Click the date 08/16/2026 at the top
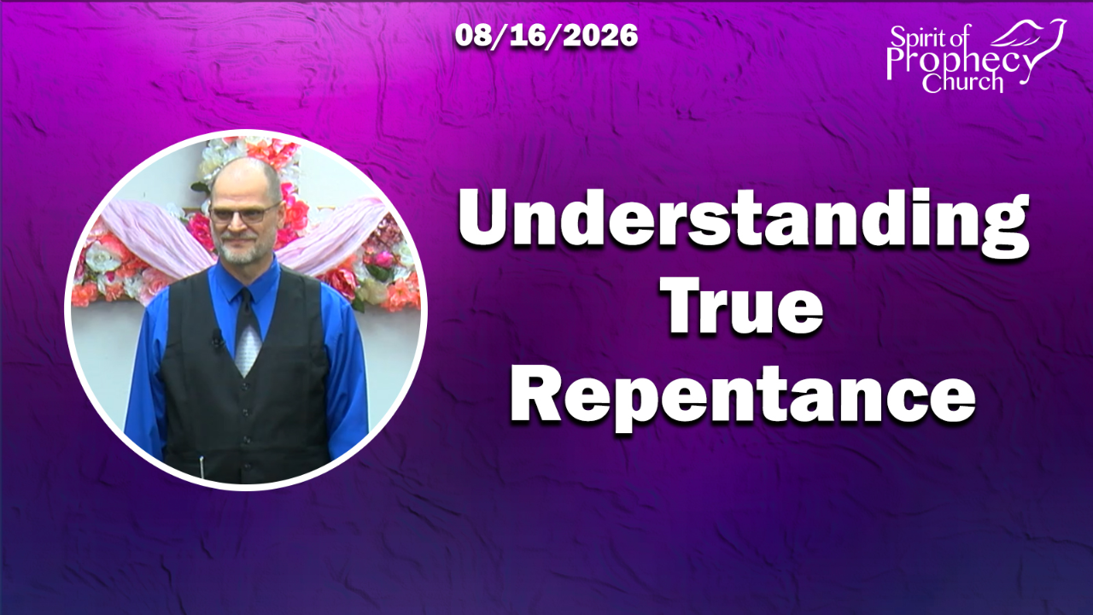click(546, 36)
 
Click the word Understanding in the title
click(744, 225)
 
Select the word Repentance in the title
click(743, 396)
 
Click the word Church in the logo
click(962, 82)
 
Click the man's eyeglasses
click(244, 214)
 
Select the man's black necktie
click(247, 333)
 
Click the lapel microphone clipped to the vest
click(217, 337)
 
